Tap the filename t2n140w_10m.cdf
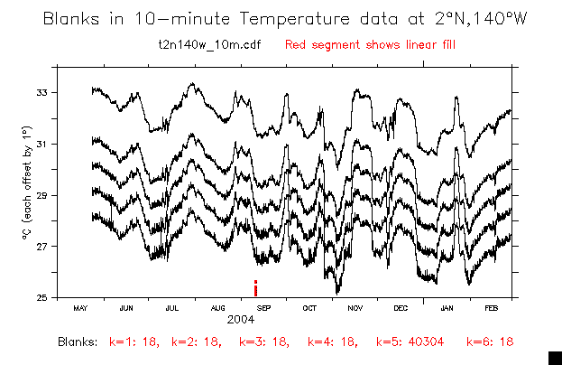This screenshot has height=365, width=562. pyautogui.click(x=209, y=44)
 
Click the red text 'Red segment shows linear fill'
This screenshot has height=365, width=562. pyautogui.click(x=354, y=44)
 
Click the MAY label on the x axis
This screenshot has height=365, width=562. pyautogui.click(x=80, y=308)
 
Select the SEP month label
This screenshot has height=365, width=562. pyautogui.click(x=264, y=308)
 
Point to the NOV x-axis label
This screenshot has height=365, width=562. pyautogui.click(x=355, y=308)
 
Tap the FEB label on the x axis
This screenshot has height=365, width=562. pyautogui.click(x=492, y=308)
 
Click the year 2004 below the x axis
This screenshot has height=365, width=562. pyautogui.click(x=240, y=320)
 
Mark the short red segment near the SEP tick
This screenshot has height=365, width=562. pyautogui.click(x=256, y=288)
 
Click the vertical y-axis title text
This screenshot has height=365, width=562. pyautogui.click(x=28, y=195)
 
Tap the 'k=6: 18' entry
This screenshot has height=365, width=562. pyautogui.click(x=490, y=342)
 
